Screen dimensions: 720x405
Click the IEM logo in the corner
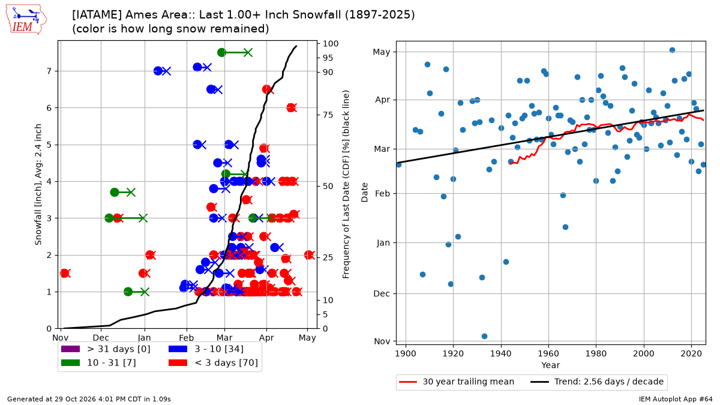tap(26, 20)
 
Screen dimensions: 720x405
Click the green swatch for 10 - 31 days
tap(70, 363)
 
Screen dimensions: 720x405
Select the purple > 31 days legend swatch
tap(70, 349)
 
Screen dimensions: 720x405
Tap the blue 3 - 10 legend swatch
tap(178, 349)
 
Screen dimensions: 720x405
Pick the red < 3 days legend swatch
tap(178, 363)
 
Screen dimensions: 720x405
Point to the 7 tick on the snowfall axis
tap(49, 71)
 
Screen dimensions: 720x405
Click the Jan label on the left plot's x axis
tap(145, 338)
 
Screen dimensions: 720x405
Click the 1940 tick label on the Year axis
tap(501, 354)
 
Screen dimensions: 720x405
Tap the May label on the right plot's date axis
tap(382, 52)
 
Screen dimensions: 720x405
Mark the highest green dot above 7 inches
tap(221, 52)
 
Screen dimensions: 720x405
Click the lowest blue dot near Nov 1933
tap(484, 336)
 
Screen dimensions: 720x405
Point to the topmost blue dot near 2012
tap(672, 50)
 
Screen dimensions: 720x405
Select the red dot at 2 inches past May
tap(308, 255)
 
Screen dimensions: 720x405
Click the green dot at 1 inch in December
tap(128, 292)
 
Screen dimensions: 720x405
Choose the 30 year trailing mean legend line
tap(408, 382)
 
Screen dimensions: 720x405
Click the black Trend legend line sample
tap(539, 382)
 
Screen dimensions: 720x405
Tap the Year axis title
tap(551, 365)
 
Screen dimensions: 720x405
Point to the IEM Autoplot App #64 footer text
tap(676, 399)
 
